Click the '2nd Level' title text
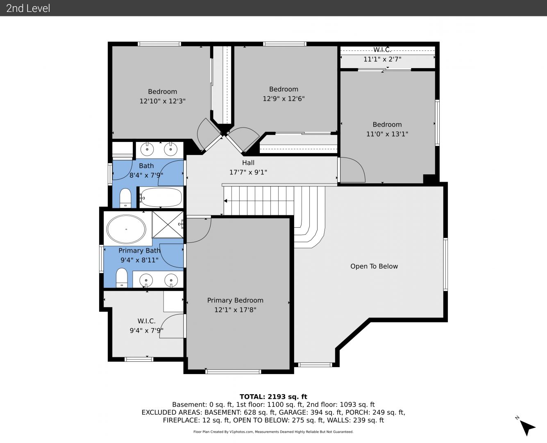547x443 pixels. click(x=28, y=8)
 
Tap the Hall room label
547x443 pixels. click(x=248, y=162)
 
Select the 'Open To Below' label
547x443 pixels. click(x=374, y=266)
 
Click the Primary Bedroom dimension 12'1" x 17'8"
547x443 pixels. click(x=235, y=310)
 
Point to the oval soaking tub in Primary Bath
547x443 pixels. click(x=126, y=229)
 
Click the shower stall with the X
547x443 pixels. click(x=168, y=224)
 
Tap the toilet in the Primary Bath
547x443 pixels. click(x=122, y=278)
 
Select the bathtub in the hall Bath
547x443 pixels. click(x=161, y=197)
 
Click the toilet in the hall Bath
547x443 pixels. click(x=125, y=198)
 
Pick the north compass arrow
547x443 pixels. click(x=528, y=427)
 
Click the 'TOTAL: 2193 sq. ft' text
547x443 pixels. click(x=273, y=397)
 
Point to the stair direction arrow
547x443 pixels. click(x=225, y=201)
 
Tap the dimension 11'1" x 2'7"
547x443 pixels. click(x=382, y=59)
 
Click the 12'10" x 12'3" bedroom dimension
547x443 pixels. click(x=162, y=101)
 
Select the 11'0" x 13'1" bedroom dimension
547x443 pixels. click(x=387, y=134)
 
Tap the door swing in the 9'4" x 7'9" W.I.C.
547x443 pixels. click(x=172, y=326)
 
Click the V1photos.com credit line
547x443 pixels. click(x=273, y=432)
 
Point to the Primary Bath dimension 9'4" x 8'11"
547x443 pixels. click(x=139, y=260)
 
